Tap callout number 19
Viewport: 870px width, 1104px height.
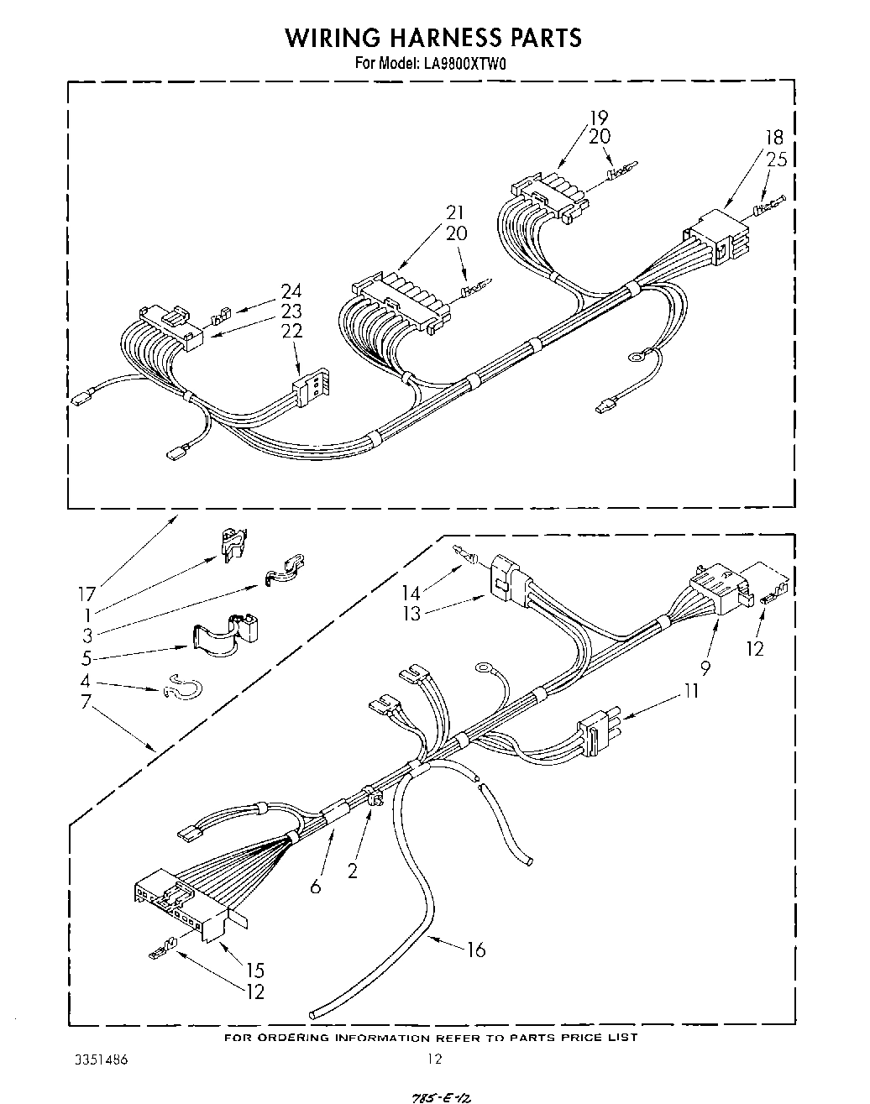[x=598, y=118]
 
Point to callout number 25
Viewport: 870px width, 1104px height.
[x=777, y=159]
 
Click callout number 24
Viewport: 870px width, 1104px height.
[x=291, y=291]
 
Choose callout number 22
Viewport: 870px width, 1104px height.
[x=291, y=331]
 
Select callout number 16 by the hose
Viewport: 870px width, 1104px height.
[x=476, y=950]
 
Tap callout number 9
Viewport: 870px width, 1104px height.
[x=705, y=667]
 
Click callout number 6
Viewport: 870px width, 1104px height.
[x=316, y=886]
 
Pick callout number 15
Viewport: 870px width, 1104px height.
[x=255, y=971]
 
